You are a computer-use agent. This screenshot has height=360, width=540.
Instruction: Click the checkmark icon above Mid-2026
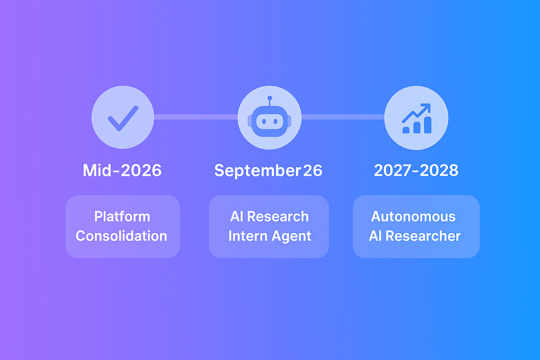point(123,118)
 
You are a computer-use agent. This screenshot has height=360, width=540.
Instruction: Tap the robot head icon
point(270,121)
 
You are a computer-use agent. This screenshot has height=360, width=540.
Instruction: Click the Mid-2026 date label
point(122,171)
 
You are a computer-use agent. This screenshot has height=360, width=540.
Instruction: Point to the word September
point(257,171)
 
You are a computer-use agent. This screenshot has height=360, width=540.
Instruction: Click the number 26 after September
point(312,171)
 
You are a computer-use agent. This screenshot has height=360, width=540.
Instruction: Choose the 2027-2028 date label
point(416,171)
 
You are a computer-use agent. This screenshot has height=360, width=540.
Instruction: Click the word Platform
point(122,216)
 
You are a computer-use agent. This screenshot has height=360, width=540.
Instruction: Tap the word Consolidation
point(121,236)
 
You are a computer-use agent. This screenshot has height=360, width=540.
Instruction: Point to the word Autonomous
point(413,216)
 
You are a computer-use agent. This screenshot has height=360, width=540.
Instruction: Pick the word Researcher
point(423,236)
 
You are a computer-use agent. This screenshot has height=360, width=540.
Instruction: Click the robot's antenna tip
point(270,98)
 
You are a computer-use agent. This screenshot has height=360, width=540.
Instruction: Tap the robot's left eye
point(264,122)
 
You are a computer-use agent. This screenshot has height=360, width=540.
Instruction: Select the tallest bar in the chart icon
point(427,125)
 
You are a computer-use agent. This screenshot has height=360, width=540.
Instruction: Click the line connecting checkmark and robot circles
point(196,117)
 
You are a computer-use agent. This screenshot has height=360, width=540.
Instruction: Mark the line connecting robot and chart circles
point(343,117)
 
